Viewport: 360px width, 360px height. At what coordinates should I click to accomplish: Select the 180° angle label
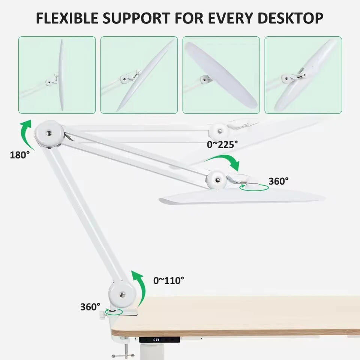[x=20, y=154]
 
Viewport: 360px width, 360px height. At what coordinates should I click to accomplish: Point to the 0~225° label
[x=222, y=144]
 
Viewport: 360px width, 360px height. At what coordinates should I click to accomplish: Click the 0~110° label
[x=169, y=280]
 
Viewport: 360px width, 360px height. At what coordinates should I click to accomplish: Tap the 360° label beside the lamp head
[x=278, y=181]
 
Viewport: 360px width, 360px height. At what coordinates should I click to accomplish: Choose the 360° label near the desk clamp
[x=90, y=306]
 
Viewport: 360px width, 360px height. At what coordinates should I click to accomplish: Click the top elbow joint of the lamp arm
[x=49, y=133]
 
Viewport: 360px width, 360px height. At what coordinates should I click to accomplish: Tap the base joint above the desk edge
[x=122, y=294]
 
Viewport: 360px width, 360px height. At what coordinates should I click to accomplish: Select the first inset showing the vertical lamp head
[x=57, y=75]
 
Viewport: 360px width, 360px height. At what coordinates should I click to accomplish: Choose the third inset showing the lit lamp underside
[x=221, y=75]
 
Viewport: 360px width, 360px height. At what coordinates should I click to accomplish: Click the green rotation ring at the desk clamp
[x=113, y=311]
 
